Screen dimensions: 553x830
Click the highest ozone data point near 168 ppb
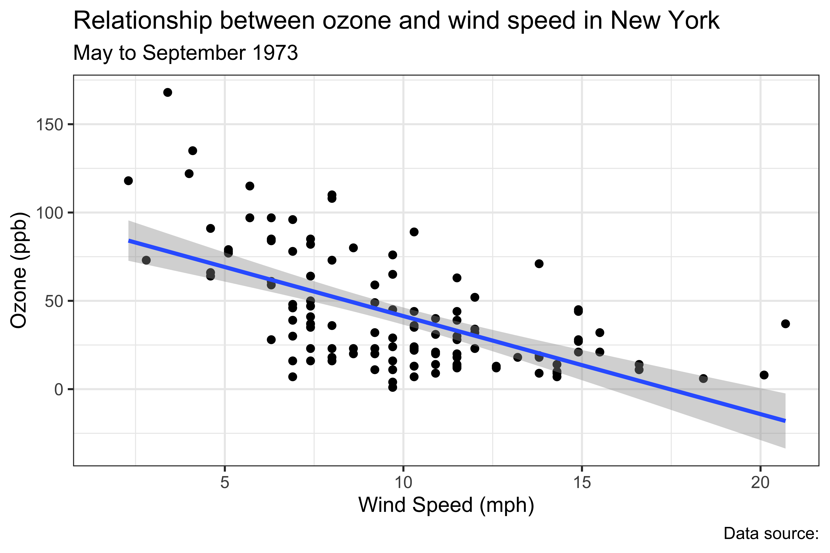pos(168,92)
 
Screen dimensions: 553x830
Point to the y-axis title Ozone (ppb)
pos(18,270)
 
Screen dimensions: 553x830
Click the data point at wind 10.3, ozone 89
pos(414,232)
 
